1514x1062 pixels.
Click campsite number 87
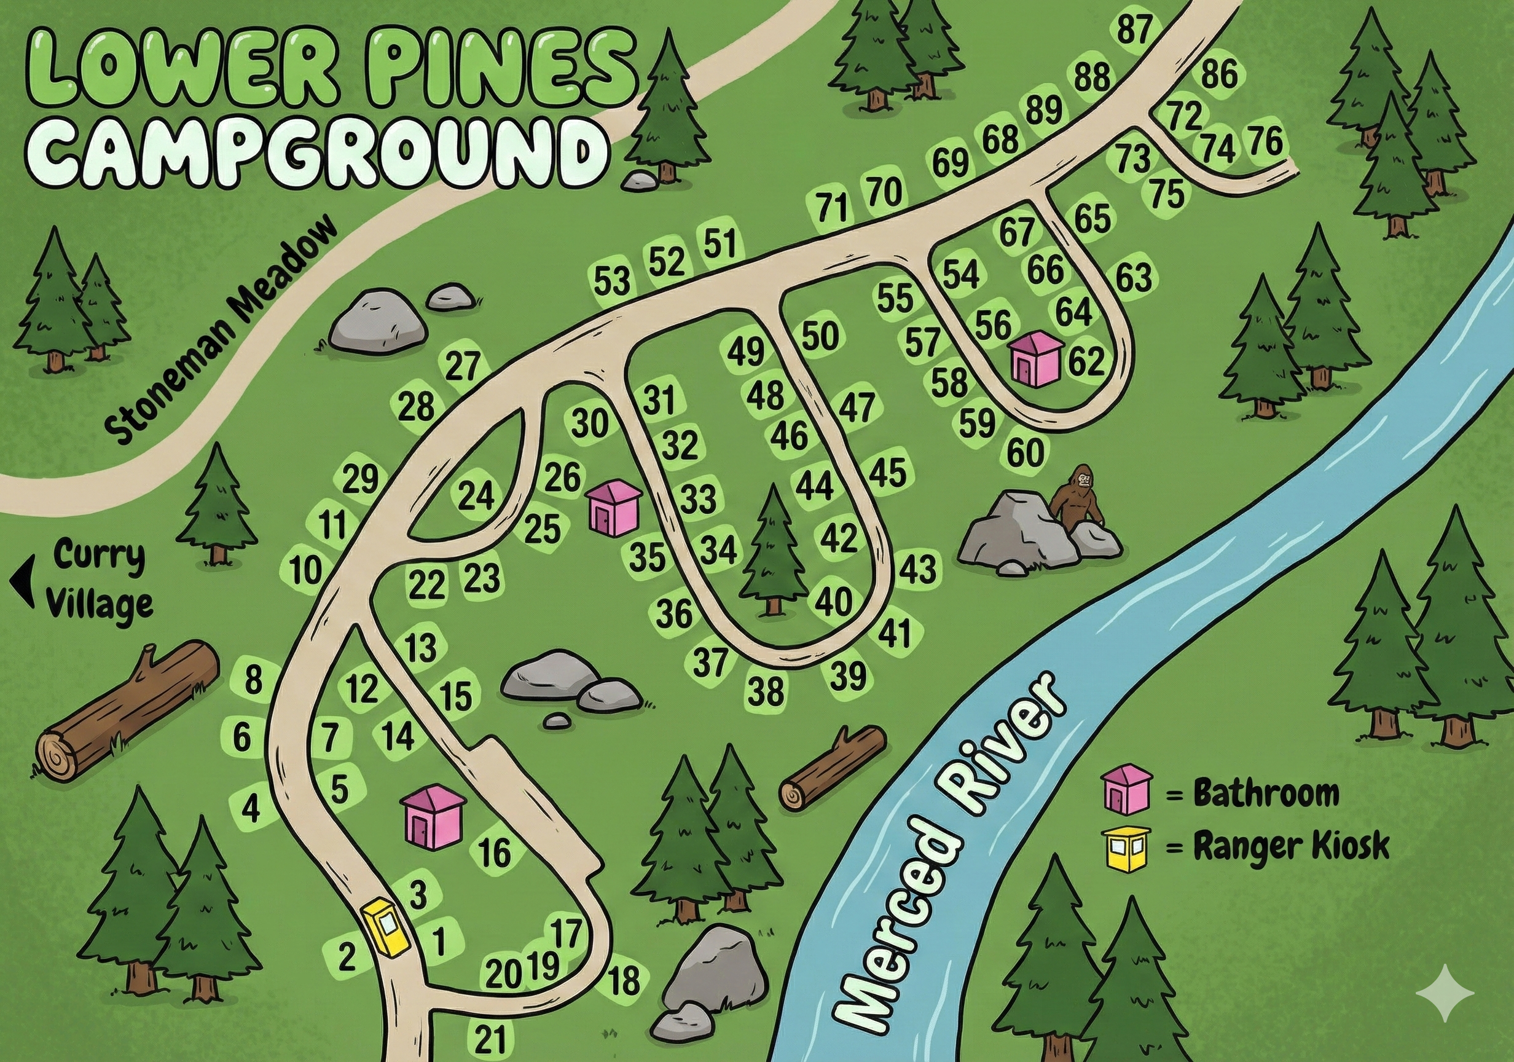pos(1134,29)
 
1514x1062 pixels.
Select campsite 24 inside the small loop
pos(476,496)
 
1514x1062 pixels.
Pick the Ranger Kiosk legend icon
pos(1126,847)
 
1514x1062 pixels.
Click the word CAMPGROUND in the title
pos(316,153)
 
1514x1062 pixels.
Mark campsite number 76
pos(1266,141)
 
